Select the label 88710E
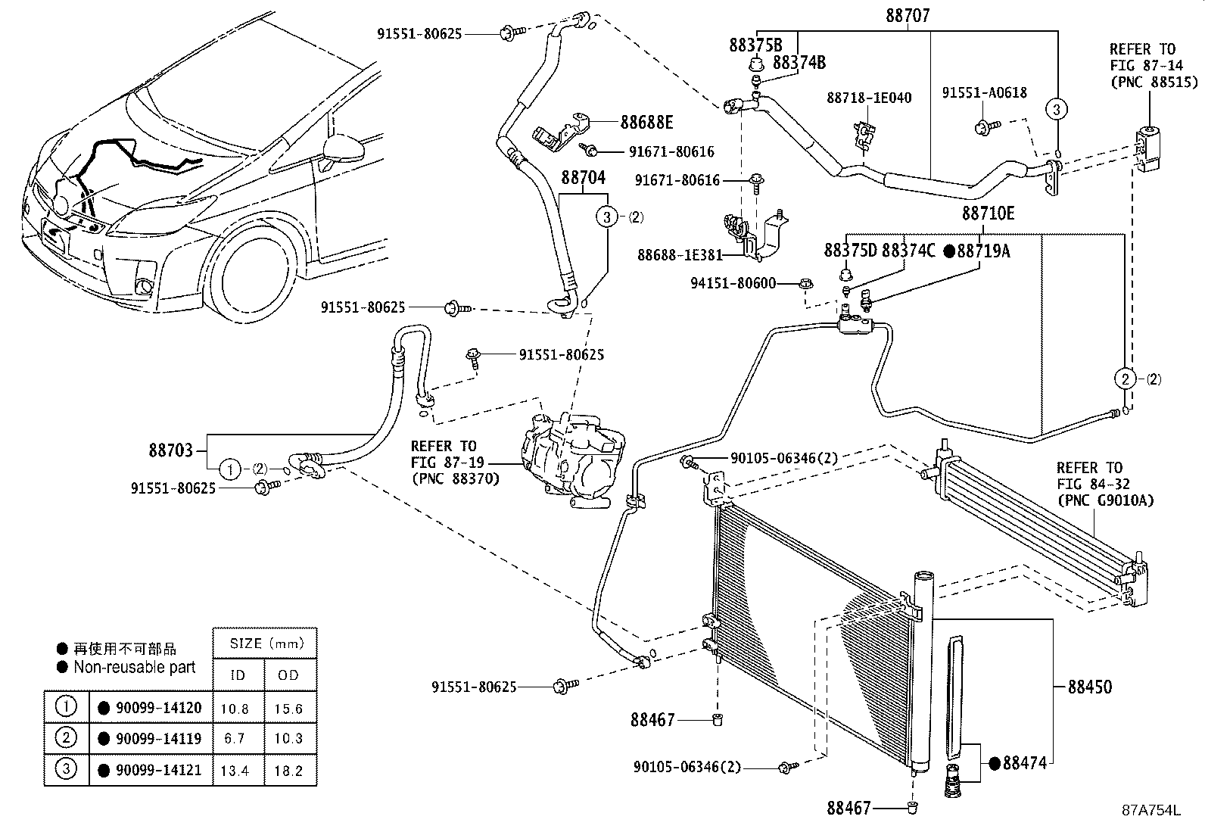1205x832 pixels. (988, 214)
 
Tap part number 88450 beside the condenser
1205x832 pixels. (1090, 687)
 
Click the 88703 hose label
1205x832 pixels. (171, 450)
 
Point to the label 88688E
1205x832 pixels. (646, 122)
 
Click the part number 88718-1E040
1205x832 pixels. (869, 98)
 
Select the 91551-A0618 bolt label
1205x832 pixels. (984, 92)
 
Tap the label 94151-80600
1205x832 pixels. (733, 283)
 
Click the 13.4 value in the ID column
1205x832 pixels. (238, 770)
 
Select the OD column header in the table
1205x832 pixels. (288, 675)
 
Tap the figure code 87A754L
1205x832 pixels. (1151, 810)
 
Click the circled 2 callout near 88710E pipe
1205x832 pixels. (1126, 379)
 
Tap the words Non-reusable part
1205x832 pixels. (134, 667)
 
